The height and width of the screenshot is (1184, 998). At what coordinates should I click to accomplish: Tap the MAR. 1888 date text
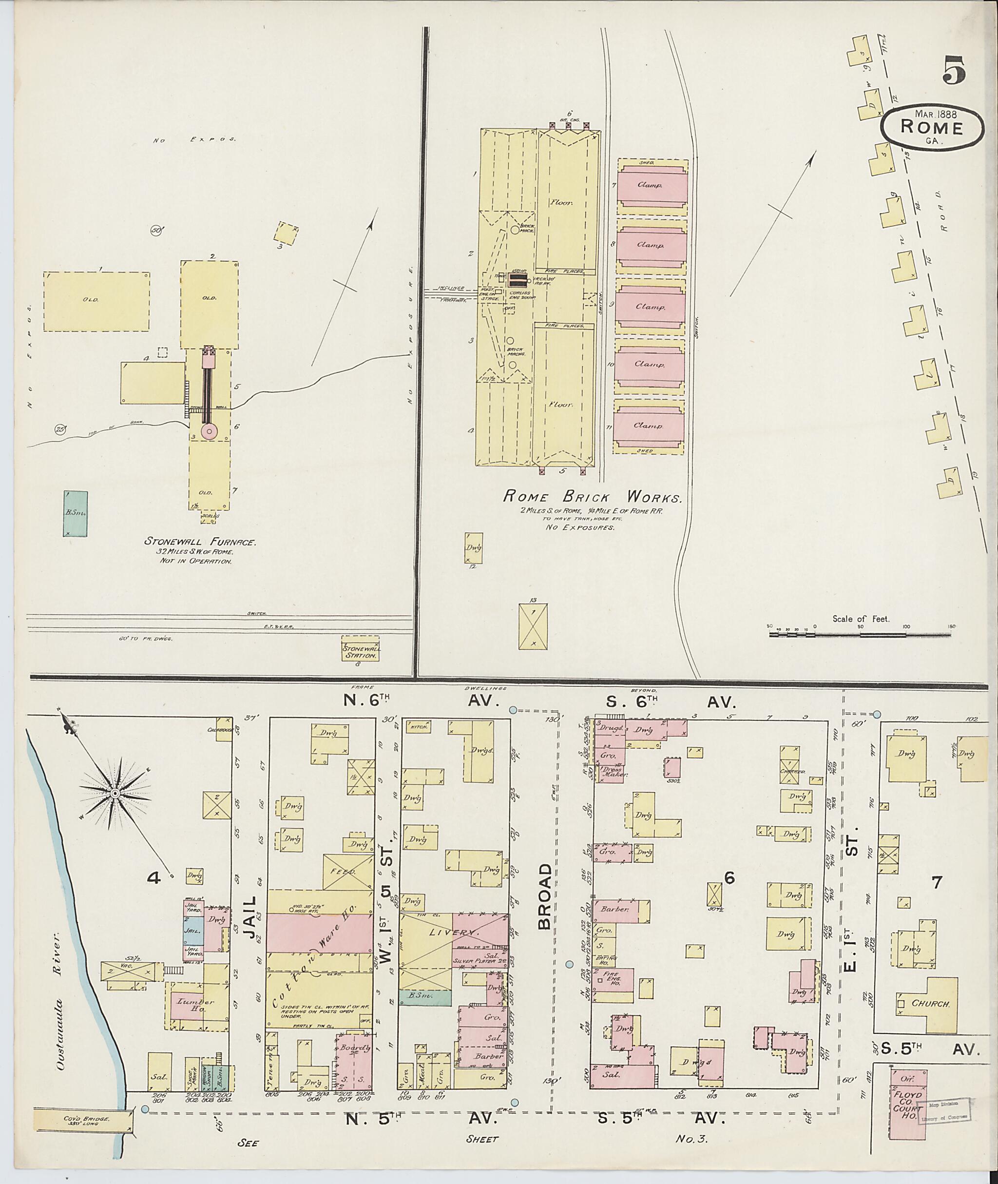[x=931, y=114]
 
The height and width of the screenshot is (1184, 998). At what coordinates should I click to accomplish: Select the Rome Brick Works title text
[x=593, y=498]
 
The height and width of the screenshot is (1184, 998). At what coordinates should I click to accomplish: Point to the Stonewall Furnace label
[x=201, y=542]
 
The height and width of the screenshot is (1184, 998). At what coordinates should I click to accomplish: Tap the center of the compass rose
[x=115, y=794]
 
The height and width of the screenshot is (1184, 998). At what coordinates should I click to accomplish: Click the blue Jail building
[x=193, y=930]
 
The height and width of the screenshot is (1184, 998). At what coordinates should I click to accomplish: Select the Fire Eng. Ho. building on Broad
[x=613, y=980]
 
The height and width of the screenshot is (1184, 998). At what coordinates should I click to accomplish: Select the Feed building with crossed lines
[x=348, y=872]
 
